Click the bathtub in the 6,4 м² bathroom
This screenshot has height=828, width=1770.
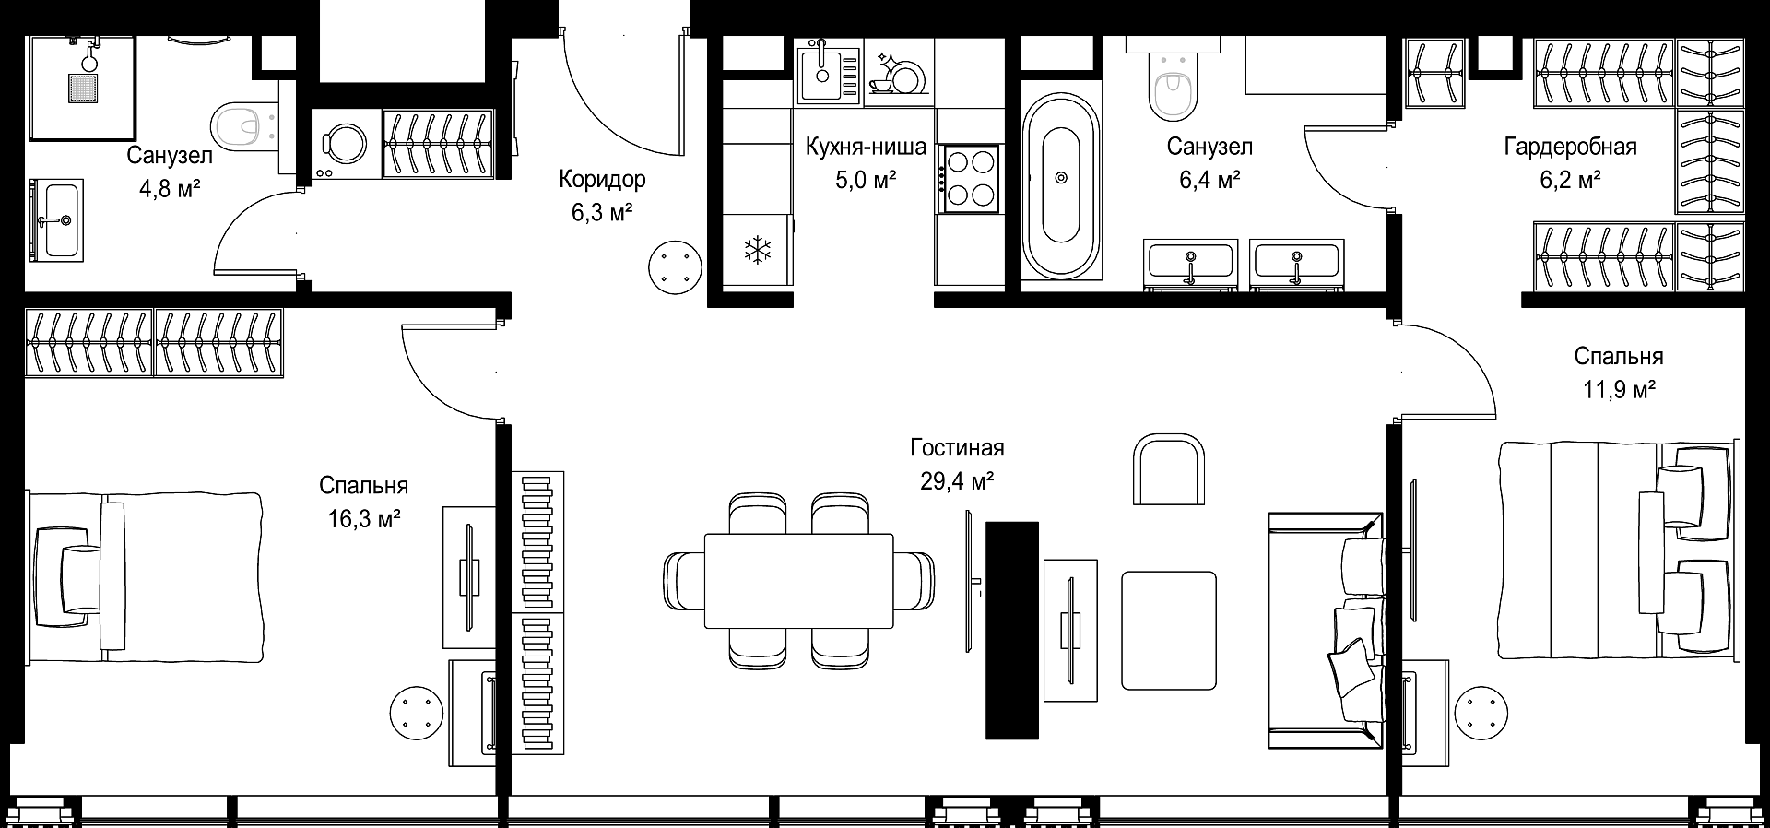[1061, 178]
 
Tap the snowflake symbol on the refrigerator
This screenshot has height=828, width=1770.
[757, 249]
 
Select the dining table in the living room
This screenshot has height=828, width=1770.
[798, 580]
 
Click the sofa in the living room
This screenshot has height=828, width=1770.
[1327, 631]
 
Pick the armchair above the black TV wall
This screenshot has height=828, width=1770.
[1169, 469]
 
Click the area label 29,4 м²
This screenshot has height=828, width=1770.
[957, 480]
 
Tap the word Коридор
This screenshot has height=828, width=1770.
[602, 179]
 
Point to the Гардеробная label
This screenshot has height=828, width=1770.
[1571, 147]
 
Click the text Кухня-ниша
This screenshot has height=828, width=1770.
[866, 147]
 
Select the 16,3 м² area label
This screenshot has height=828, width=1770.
[364, 519]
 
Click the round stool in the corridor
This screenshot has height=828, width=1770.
[677, 266]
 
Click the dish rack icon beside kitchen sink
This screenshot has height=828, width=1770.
[895, 73]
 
